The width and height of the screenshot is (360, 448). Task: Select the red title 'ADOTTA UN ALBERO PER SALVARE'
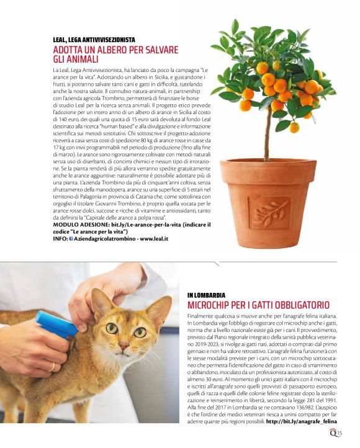click(115, 50)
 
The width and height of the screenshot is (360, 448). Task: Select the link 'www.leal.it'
click(154, 238)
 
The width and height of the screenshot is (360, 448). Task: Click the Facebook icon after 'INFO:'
click(71, 238)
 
